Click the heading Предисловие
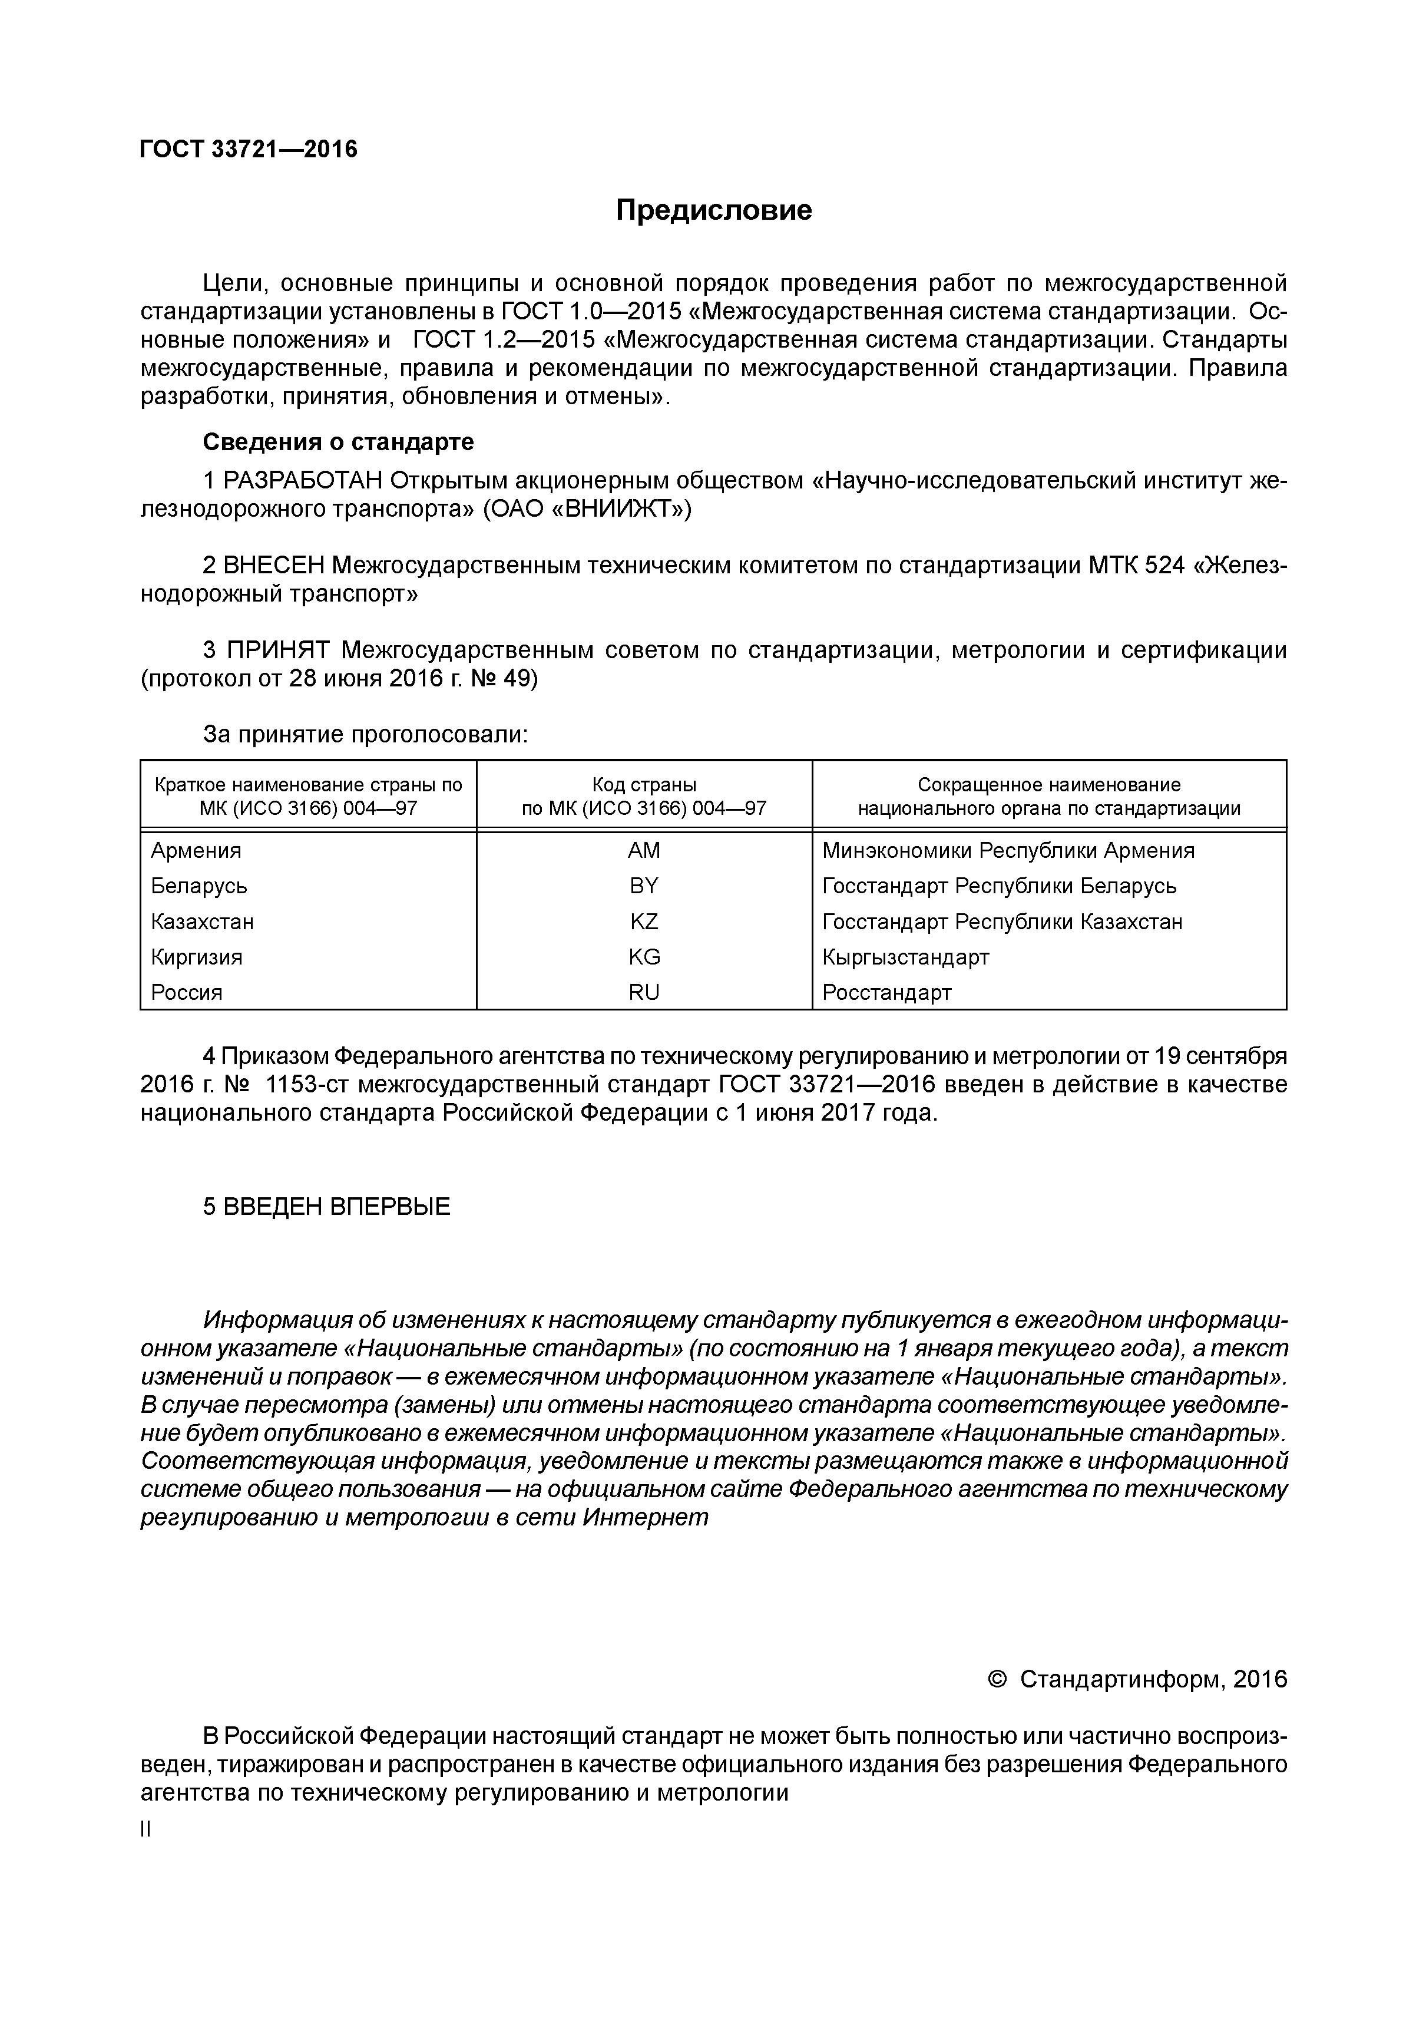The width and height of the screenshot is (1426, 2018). pos(713,210)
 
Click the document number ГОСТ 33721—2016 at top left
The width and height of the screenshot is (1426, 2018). pos(249,150)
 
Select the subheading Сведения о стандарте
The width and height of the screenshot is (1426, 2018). pos(338,441)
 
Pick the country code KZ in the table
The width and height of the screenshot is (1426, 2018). pos(643,921)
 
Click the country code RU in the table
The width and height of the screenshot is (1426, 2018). pos(643,992)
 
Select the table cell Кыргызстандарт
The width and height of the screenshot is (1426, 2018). pos(905,956)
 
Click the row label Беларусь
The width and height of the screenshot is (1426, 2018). pos(198,886)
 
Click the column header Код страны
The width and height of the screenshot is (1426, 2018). pos(643,785)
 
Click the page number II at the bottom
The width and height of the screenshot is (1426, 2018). pos(146,1830)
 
